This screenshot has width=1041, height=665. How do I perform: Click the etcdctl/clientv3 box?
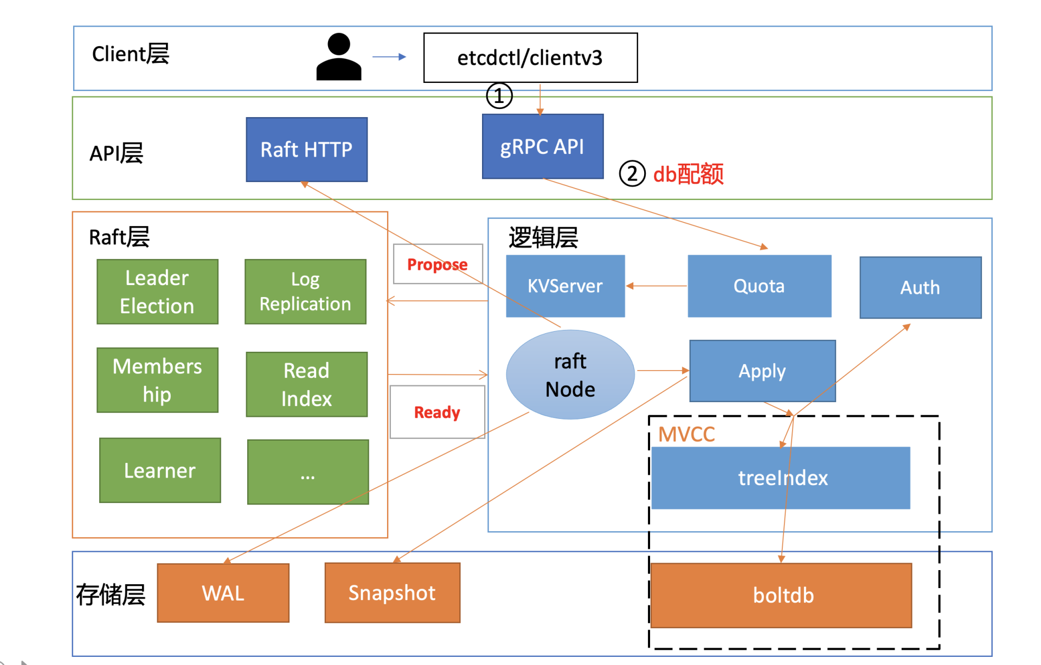click(530, 57)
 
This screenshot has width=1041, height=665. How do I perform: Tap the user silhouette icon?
click(339, 57)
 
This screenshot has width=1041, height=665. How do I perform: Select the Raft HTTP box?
click(306, 149)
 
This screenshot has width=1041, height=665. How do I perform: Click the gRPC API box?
click(542, 146)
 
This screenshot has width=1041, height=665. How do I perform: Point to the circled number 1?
click(499, 96)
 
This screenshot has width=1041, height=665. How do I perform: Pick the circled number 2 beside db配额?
click(632, 174)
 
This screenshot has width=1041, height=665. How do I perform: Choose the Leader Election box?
click(157, 292)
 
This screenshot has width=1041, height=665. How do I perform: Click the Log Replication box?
click(305, 292)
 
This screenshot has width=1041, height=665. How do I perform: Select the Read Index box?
click(306, 384)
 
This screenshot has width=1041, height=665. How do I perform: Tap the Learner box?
click(160, 470)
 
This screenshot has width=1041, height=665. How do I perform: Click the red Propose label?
click(437, 264)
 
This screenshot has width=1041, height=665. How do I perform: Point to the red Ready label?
click(437, 412)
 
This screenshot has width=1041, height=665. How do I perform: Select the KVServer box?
click(565, 286)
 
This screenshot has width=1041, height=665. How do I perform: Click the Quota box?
click(759, 286)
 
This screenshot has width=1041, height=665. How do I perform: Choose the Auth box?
click(920, 287)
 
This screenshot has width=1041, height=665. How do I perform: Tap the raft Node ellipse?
click(570, 375)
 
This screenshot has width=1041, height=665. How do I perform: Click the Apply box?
click(762, 371)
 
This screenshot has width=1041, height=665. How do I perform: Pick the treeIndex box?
click(781, 477)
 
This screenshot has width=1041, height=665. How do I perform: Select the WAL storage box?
click(223, 593)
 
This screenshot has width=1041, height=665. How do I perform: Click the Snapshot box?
click(392, 593)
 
